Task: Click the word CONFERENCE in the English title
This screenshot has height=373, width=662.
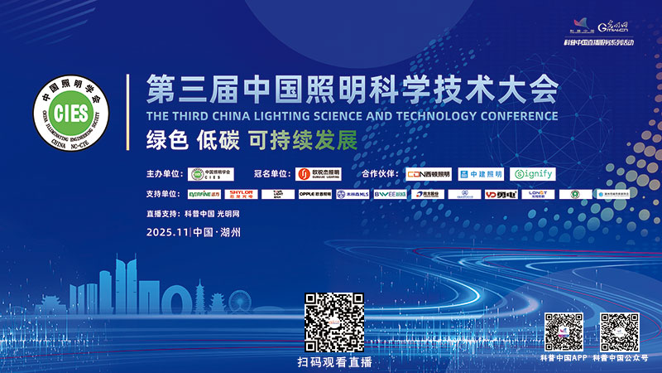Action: pyautogui.click(x=516, y=116)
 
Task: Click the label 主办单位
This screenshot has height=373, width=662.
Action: pyautogui.click(x=162, y=174)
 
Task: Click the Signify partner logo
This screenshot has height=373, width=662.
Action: pyautogui.click(x=532, y=174)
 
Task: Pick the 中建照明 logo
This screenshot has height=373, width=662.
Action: pyautogui.click(x=481, y=174)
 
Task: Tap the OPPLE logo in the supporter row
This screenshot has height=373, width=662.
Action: pyautogui.click(x=314, y=195)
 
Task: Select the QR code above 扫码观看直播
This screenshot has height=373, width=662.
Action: pyautogui.click(x=334, y=322)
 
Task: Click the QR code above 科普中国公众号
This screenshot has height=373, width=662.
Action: pyautogui.click(x=620, y=332)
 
